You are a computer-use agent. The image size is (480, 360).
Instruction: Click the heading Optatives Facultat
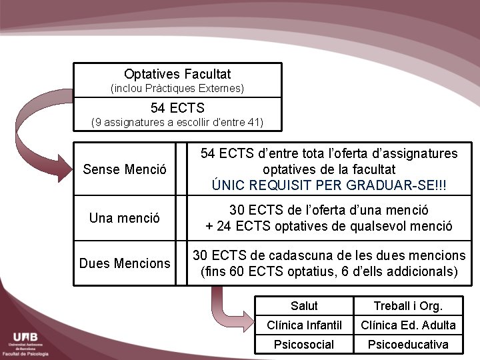coord(177,74)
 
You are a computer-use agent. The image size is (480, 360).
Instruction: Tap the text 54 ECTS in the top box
coord(177,107)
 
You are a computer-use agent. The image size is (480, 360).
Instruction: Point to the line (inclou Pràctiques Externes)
coord(177,88)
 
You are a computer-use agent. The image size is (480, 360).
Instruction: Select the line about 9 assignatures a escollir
coord(177,122)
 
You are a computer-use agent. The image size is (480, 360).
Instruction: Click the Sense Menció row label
coord(125,169)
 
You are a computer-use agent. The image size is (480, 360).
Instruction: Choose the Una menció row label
coord(125,217)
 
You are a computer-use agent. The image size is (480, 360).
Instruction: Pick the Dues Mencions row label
coord(125,263)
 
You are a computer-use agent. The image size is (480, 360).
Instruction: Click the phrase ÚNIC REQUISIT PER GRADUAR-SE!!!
coord(329,185)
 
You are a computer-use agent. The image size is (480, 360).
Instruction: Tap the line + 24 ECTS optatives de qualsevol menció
coord(329,226)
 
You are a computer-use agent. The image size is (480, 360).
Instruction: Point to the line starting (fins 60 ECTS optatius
coord(329,271)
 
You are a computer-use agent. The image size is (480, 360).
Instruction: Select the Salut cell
coord(304,306)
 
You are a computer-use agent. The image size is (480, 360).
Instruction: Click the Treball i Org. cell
coord(408,306)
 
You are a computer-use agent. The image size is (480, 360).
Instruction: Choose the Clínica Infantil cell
coord(304,325)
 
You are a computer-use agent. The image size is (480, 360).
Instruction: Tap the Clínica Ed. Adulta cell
coord(408,325)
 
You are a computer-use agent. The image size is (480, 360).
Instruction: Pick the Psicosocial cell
coord(304,345)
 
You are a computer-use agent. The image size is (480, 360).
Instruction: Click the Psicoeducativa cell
coord(408,345)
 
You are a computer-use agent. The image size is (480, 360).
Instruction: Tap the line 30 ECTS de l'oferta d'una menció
coord(329,210)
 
